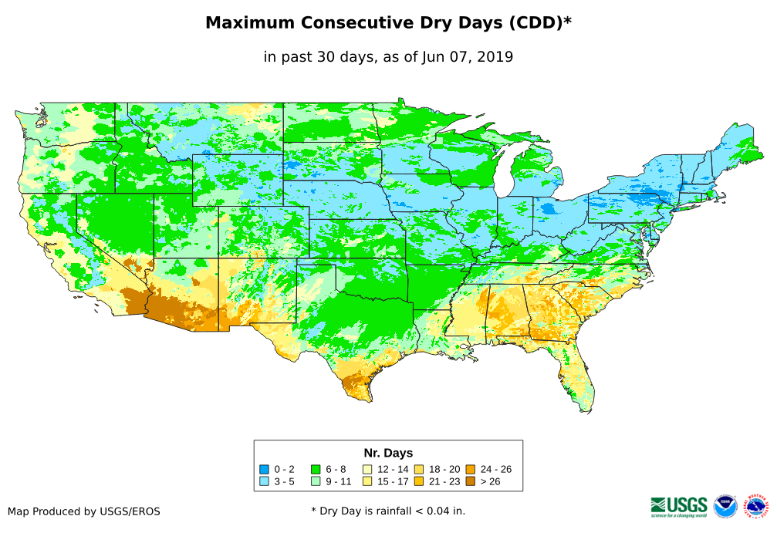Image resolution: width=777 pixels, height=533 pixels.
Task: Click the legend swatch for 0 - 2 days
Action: coord(264,469)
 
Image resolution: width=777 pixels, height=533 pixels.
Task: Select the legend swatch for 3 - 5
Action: coord(264,481)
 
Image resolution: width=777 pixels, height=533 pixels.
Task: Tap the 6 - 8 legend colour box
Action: coord(315,469)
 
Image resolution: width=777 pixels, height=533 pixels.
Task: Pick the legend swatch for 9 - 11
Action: coord(315,481)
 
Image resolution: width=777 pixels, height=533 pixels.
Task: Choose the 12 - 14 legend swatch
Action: coord(367,469)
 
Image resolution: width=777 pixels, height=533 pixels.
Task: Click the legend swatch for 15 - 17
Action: coord(367,481)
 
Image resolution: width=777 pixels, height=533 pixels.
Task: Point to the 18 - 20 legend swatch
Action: coord(418,469)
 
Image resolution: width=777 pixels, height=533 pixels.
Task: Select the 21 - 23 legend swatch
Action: coord(418,481)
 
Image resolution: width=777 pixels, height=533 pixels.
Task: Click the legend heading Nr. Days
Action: coord(388,453)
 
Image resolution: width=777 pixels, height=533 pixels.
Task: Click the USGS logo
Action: coord(679,506)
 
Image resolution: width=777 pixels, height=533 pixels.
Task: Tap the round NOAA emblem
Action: coord(725,506)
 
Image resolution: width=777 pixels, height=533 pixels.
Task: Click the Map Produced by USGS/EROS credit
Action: coord(84,511)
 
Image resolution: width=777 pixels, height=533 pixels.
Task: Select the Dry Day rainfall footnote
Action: coord(388,511)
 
